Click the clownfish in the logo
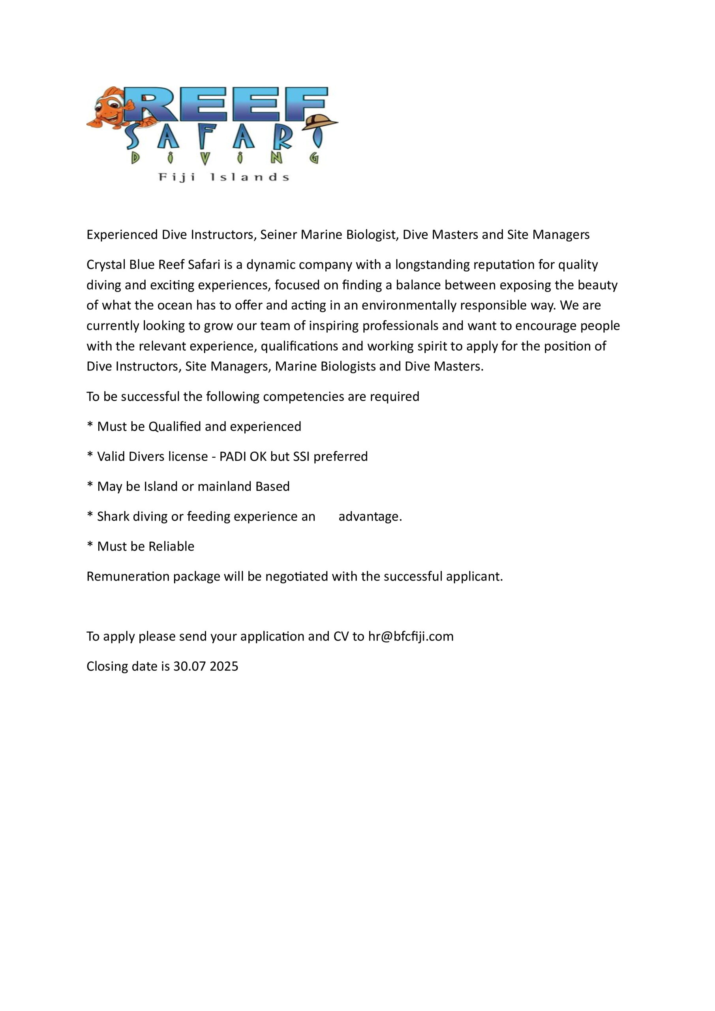(x=110, y=108)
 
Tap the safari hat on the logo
(x=320, y=122)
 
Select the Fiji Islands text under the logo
(x=223, y=177)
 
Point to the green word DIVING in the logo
(x=225, y=158)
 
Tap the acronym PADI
(x=233, y=457)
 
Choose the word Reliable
(x=171, y=547)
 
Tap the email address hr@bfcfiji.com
(x=411, y=636)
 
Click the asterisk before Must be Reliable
(x=90, y=545)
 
